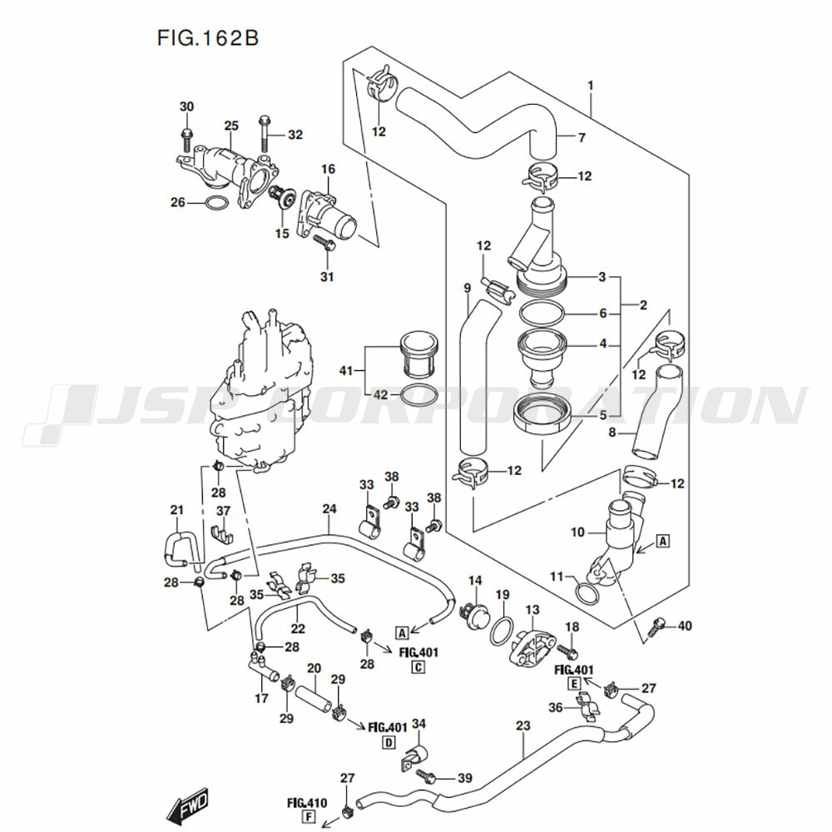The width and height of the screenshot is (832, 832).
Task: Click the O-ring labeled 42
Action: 421,395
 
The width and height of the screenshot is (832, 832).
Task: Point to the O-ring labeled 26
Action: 215,203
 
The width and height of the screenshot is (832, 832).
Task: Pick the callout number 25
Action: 230,126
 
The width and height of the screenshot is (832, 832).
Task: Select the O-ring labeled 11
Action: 587,594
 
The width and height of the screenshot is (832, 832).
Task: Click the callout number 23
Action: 522,726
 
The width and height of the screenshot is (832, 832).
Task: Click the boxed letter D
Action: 388,742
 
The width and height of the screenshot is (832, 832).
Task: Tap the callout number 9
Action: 468,289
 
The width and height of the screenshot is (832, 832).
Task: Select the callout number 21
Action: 176,510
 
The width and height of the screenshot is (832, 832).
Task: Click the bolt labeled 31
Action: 325,244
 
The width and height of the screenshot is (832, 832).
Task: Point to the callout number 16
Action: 328,169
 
